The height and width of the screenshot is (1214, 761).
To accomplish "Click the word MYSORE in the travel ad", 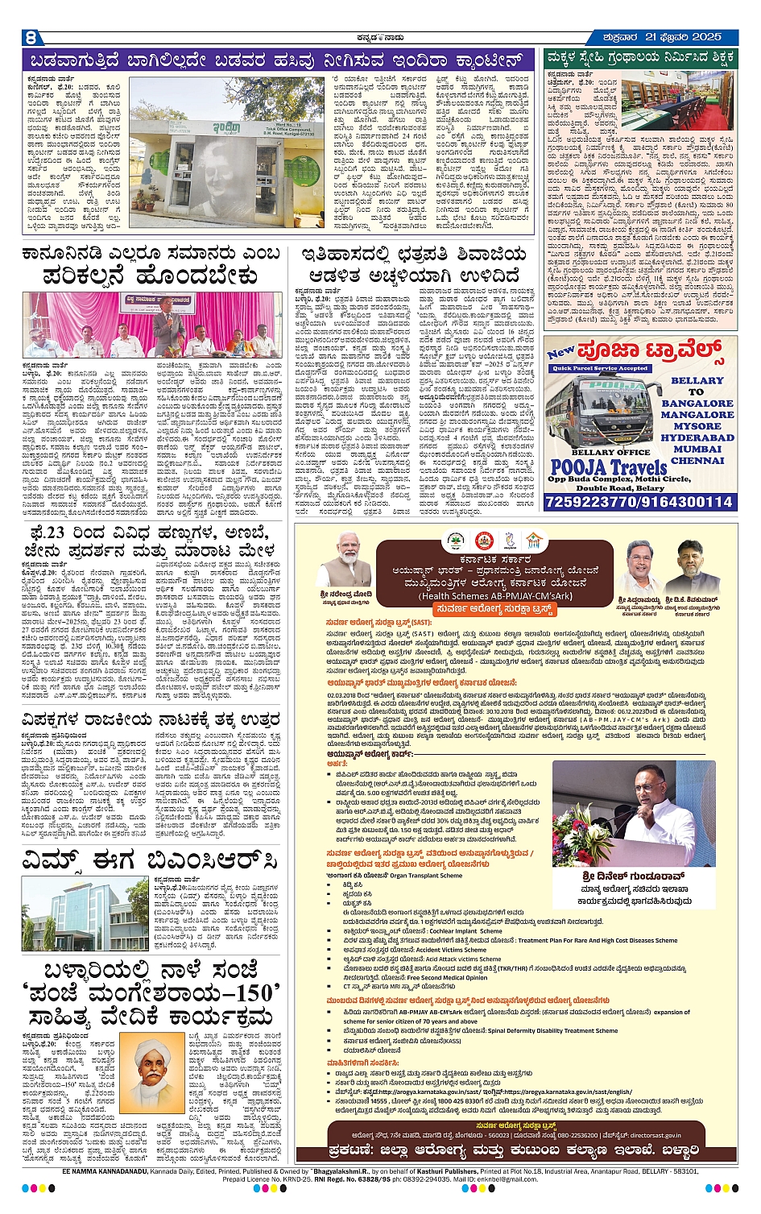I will tap(697, 426).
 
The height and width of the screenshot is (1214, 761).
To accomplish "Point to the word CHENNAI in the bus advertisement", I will tap(697, 461).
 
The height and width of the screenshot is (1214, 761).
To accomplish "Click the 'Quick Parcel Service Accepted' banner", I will tap(601, 368).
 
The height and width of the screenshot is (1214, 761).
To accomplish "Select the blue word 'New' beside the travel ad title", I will tap(560, 352).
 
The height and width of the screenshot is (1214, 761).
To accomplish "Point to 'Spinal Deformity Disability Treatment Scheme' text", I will tap(556, 1030).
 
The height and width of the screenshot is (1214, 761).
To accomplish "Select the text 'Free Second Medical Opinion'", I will tap(446, 977).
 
